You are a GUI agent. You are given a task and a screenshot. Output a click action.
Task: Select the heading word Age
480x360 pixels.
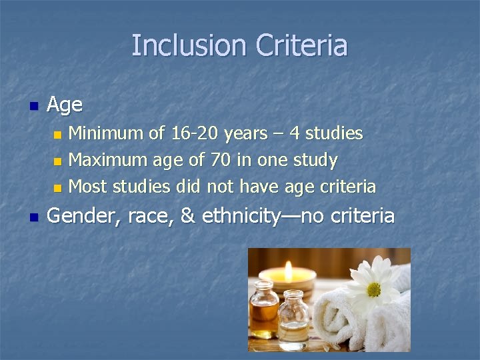click(65, 105)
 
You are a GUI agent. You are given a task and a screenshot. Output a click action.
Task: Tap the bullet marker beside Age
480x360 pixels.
click(34, 105)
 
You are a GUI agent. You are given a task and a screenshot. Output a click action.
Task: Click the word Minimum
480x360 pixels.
click(107, 133)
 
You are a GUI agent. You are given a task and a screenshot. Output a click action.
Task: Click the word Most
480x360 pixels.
click(88, 186)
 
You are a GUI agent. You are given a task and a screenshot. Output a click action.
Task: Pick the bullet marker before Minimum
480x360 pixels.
click(57, 134)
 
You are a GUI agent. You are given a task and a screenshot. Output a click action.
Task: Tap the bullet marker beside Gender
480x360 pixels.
click(34, 217)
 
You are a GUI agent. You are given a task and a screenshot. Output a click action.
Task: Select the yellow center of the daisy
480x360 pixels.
click(373, 289)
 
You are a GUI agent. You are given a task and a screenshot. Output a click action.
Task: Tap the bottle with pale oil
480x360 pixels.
click(293, 321)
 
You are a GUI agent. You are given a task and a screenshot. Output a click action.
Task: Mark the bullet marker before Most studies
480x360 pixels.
click(57, 187)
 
